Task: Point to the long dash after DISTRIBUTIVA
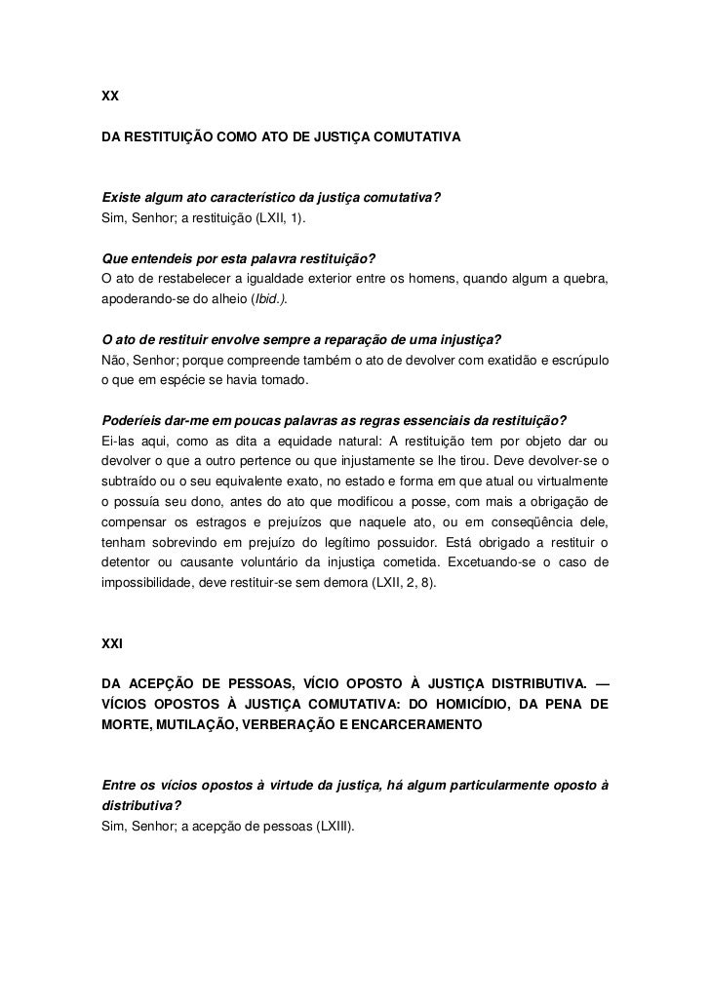click(600, 679)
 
